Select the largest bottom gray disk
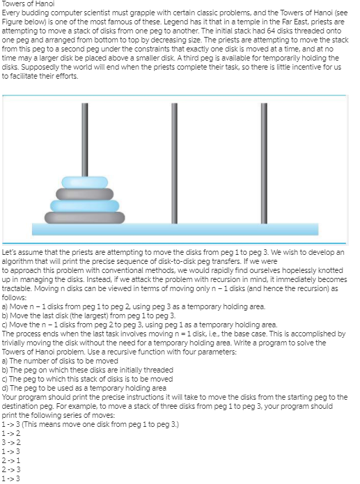pos(84,215)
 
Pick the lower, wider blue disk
pos(84,205)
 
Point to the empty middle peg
pos(175,160)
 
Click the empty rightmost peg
pos(265,160)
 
